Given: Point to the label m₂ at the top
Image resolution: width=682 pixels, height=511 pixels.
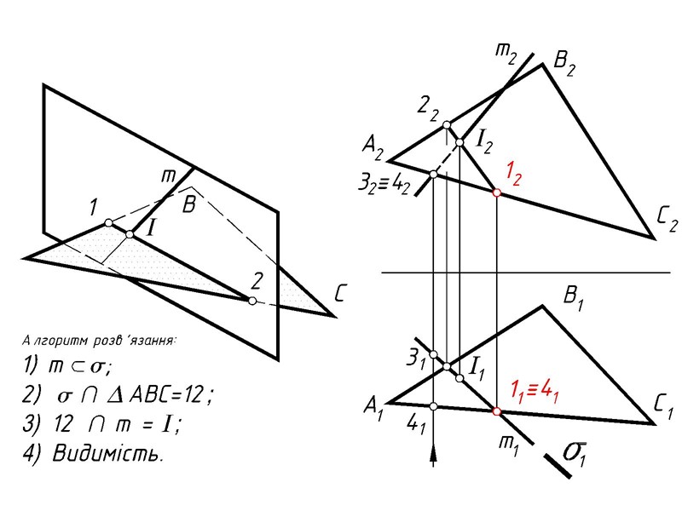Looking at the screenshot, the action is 506,52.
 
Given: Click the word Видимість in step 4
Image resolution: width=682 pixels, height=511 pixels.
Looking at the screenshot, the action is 106,452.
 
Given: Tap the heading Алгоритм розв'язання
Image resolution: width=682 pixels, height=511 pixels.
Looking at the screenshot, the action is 97,341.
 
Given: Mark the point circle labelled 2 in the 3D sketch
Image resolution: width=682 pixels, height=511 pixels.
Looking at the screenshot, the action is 251,301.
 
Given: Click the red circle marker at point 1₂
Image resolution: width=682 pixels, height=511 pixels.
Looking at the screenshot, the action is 497,194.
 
